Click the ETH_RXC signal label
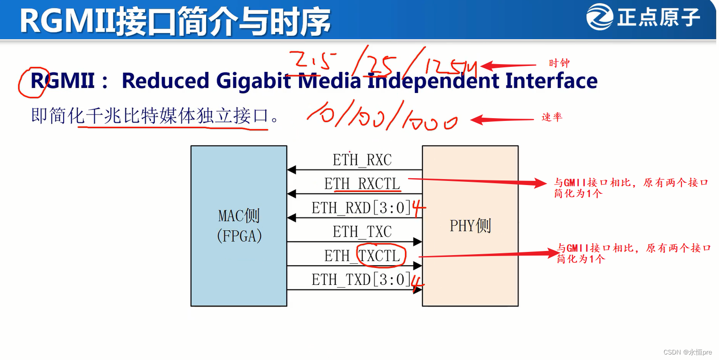pyautogui.click(x=362, y=160)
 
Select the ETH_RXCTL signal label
pyautogui.click(x=362, y=184)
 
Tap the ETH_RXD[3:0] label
pyautogui.click(x=361, y=207)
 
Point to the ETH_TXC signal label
pyautogui.click(x=362, y=232)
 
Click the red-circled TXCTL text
pyautogui.click(x=380, y=256)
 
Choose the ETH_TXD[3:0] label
pyautogui.click(x=361, y=279)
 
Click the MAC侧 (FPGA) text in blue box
pyautogui.click(x=239, y=226)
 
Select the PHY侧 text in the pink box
pyautogui.click(x=470, y=226)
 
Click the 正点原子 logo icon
pyautogui.click(x=599, y=17)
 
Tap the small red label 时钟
pyautogui.click(x=559, y=63)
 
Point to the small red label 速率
pyautogui.click(x=551, y=117)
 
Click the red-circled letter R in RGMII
pyautogui.click(x=37, y=81)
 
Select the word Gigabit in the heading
pyautogui.click(x=253, y=81)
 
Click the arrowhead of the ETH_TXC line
pyautogui.click(x=417, y=241)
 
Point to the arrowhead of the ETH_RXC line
pyautogui.click(x=292, y=170)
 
